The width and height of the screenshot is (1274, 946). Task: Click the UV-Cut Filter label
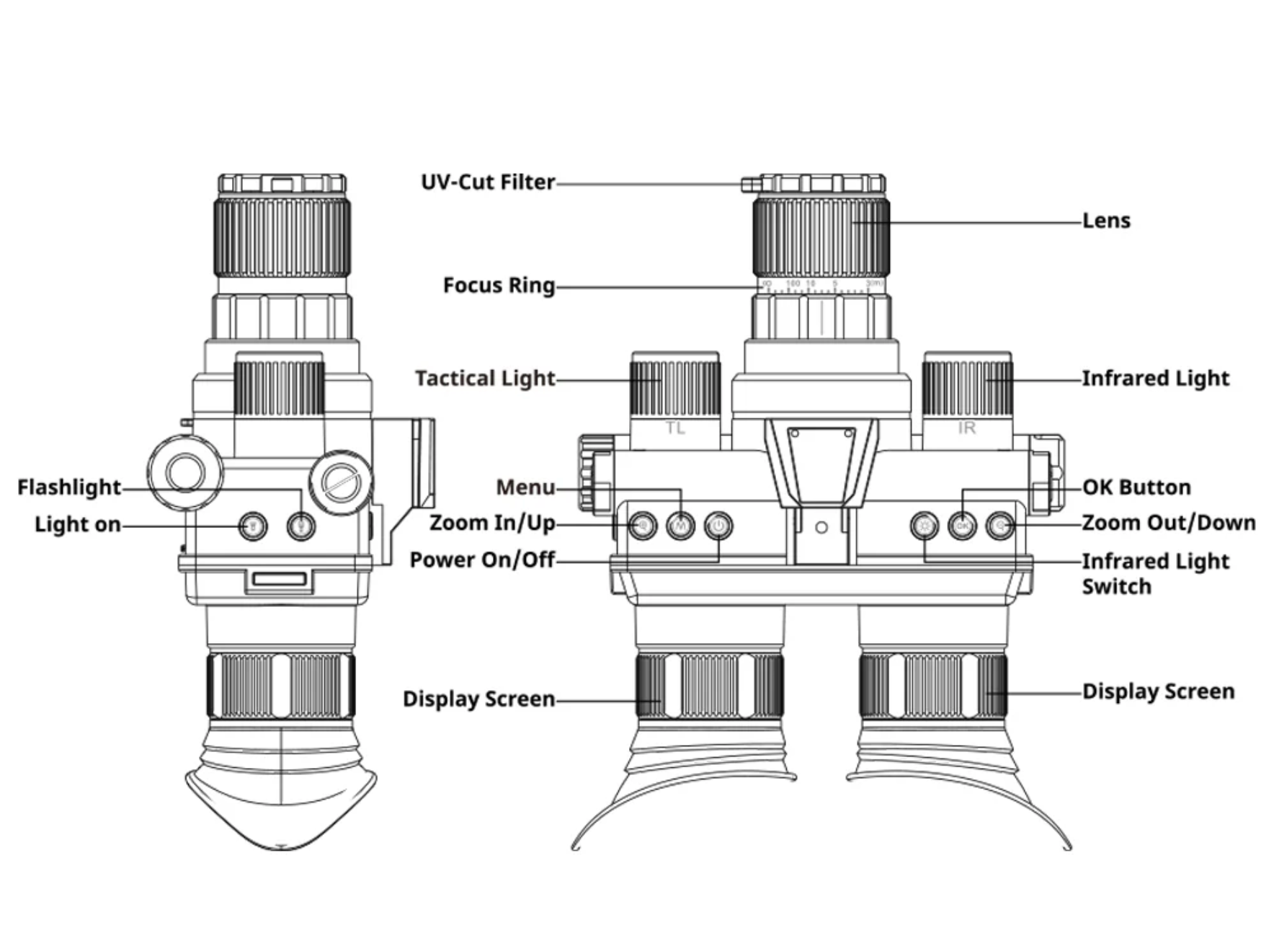pyautogui.click(x=488, y=182)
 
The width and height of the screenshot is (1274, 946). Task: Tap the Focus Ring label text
pyautogui.click(x=499, y=286)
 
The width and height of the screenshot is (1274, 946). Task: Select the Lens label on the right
pyautogui.click(x=1106, y=221)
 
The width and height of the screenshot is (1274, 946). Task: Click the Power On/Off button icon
pyautogui.click(x=718, y=526)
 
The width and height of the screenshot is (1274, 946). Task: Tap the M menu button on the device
pyautogui.click(x=680, y=526)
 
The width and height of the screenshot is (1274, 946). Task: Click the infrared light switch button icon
pyautogui.click(x=925, y=526)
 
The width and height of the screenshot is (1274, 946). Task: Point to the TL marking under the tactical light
pyautogui.click(x=675, y=428)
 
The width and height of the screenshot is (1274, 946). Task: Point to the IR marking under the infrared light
pyautogui.click(x=967, y=428)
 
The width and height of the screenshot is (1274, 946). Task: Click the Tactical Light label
pyautogui.click(x=485, y=379)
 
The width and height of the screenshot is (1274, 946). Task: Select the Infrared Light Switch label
pyautogui.click(x=1154, y=574)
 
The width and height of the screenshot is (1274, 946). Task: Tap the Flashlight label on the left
pyautogui.click(x=69, y=487)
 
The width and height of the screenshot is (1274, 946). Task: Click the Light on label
pyautogui.click(x=78, y=525)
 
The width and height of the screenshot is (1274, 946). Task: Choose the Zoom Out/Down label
pyautogui.click(x=1168, y=523)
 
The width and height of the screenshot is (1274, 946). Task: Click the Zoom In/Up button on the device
pyautogui.click(x=643, y=526)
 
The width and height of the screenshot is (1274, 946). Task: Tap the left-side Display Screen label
pyautogui.click(x=478, y=699)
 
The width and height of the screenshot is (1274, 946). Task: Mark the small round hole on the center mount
pyautogui.click(x=821, y=528)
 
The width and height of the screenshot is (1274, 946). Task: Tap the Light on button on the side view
pyautogui.click(x=252, y=526)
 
